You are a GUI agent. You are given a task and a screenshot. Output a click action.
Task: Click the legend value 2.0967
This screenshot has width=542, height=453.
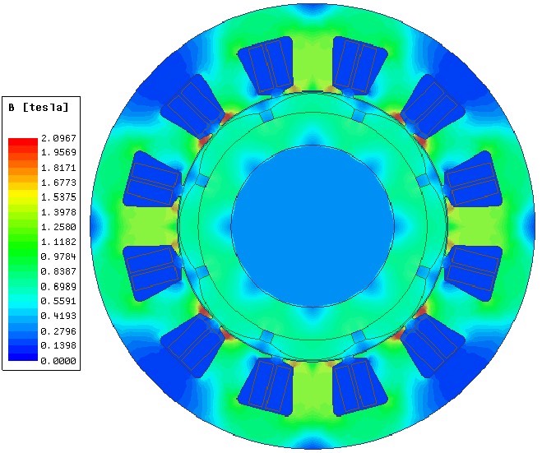tap(58, 138)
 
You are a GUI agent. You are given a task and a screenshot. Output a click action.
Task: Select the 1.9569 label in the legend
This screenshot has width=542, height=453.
tap(58, 152)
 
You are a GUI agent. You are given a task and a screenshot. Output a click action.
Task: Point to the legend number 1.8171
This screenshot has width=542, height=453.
tap(58, 168)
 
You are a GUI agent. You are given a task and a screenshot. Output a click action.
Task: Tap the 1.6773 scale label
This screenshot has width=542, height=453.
tap(58, 183)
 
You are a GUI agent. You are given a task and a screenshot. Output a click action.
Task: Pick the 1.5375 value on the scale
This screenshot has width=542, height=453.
tap(58, 197)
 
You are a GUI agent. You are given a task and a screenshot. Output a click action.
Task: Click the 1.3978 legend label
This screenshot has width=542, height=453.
tap(58, 212)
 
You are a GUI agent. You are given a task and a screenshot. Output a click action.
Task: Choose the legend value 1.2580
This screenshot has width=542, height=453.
tap(58, 227)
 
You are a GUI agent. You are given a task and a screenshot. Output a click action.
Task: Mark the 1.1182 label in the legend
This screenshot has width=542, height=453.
tap(58, 242)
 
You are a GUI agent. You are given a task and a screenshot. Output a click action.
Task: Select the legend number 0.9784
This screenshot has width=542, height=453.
tap(58, 257)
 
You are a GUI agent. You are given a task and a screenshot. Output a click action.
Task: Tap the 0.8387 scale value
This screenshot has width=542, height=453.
tap(58, 271)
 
